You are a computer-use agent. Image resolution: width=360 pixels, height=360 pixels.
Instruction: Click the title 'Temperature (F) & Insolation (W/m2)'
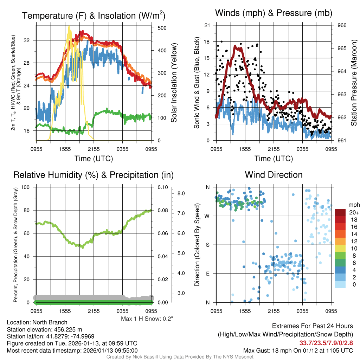pyautogui.click(x=94, y=16)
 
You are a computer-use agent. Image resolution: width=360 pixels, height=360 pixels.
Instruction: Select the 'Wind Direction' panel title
pyautogui.click(x=274, y=175)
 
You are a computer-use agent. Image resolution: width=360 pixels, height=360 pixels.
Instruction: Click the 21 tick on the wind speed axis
pyautogui.click(x=207, y=25)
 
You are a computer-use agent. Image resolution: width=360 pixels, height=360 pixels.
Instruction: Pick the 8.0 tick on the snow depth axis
pyautogui.click(x=181, y=193)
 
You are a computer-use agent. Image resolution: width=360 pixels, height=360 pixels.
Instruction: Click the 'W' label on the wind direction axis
pyautogui.click(x=207, y=216)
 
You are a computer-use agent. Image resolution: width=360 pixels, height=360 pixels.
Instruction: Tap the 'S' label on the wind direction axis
pyautogui.click(x=208, y=245)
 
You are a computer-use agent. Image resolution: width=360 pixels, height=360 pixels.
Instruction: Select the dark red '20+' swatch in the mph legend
pyautogui.click(x=341, y=212)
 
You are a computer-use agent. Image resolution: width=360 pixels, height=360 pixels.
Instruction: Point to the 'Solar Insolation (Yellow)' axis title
pyautogui.click(x=174, y=83)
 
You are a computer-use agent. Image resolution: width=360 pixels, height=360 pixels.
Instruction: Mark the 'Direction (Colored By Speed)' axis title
pyautogui.click(x=198, y=245)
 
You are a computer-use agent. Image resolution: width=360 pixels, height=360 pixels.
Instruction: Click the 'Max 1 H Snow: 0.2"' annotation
pyautogui.click(x=147, y=319)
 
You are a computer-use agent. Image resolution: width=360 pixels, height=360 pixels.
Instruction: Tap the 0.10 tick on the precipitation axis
pyautogui.click(x=162, y=187)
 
